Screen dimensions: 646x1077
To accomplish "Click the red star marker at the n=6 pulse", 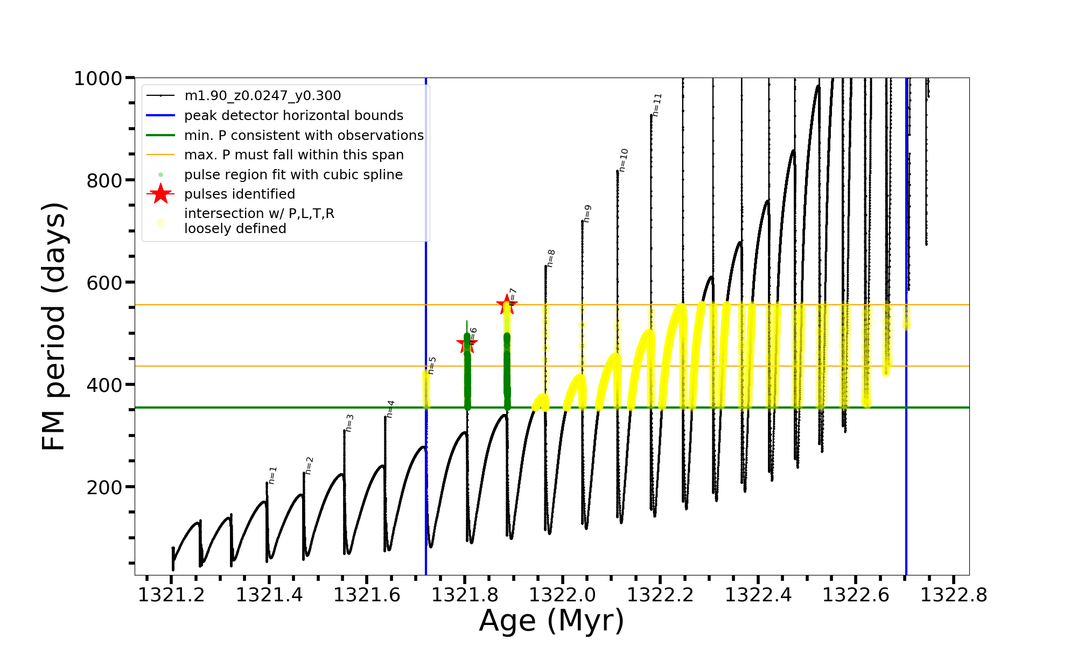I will pos(467,343).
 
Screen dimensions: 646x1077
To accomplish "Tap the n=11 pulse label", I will pos(657,104).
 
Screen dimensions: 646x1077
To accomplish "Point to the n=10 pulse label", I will pos(624,160).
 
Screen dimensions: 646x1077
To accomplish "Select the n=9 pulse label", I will pos(588,214).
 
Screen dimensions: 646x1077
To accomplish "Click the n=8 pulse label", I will pos(551,258).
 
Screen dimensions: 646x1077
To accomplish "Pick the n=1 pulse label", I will pos(272,475).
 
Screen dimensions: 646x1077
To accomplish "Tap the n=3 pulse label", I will pos(349,423).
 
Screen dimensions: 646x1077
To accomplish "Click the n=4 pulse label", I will pos(390,409).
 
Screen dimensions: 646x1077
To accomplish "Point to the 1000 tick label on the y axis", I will pos(98,79).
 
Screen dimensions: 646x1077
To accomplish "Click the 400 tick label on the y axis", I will pos(104,385).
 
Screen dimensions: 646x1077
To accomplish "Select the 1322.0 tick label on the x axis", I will pos(562,595).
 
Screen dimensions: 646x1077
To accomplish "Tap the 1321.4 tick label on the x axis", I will pos(269,595).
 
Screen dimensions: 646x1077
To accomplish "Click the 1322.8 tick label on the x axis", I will pos(953,595).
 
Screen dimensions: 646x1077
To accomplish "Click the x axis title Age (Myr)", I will pos(551,621).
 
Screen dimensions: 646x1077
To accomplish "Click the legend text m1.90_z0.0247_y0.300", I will pos(262,96).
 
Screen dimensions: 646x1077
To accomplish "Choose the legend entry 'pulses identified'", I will pos(239,194).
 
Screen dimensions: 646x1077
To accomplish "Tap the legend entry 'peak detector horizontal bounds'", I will pos(293,116).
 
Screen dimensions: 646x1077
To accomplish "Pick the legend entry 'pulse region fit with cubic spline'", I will pos(293,175).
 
